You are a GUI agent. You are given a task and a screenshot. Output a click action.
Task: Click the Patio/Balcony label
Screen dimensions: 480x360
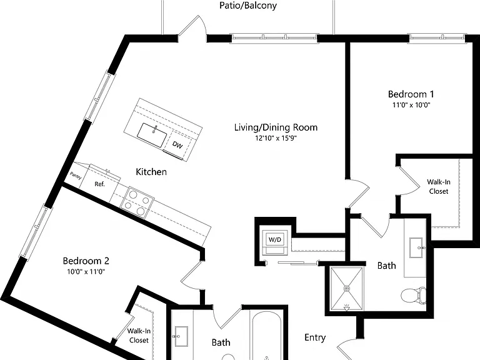pos(248,6)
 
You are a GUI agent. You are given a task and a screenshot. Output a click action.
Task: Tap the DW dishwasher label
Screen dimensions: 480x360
pos(177,144)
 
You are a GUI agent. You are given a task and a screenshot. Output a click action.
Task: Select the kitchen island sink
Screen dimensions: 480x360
pos(152,135)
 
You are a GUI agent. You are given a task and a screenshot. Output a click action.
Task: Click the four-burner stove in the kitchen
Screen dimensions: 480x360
pos(136,202)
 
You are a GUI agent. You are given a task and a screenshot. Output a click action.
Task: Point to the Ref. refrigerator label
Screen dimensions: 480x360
pos(99,184)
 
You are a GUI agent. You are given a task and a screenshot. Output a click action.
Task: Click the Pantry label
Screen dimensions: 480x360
pos(76,176)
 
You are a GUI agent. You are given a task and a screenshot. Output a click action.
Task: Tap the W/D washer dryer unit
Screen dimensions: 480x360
pos(274,239)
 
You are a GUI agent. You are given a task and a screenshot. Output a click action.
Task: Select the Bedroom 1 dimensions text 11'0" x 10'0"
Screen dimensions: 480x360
pos(411,105)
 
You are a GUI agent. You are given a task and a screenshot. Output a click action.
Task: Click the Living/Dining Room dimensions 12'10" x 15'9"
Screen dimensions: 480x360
pos(276,138)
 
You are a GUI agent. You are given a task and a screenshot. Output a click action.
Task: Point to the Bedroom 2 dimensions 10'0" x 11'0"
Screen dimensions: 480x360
pos(86,271)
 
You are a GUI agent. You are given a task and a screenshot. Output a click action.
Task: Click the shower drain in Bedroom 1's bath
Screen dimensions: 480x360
pos(346,288)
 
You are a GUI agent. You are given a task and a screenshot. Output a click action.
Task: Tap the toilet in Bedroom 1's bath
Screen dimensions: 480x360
pos(413,296)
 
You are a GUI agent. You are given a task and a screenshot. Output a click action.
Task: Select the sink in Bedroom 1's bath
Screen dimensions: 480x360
pos(417,247)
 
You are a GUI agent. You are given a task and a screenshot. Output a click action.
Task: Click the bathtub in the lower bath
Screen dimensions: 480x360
pos(266,337)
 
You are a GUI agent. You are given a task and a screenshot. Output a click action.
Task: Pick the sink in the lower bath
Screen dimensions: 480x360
pos(181,336)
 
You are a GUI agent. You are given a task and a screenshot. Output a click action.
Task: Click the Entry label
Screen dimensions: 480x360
pos(315,337)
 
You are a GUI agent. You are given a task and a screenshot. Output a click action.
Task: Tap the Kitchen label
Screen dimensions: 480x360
pos(151,172)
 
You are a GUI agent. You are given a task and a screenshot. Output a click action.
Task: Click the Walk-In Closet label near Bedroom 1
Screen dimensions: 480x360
pos(439,186)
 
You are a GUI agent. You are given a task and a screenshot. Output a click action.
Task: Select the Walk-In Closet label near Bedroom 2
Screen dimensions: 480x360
pos(139,336)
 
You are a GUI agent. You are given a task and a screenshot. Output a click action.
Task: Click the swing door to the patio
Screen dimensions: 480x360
pos(193,27)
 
